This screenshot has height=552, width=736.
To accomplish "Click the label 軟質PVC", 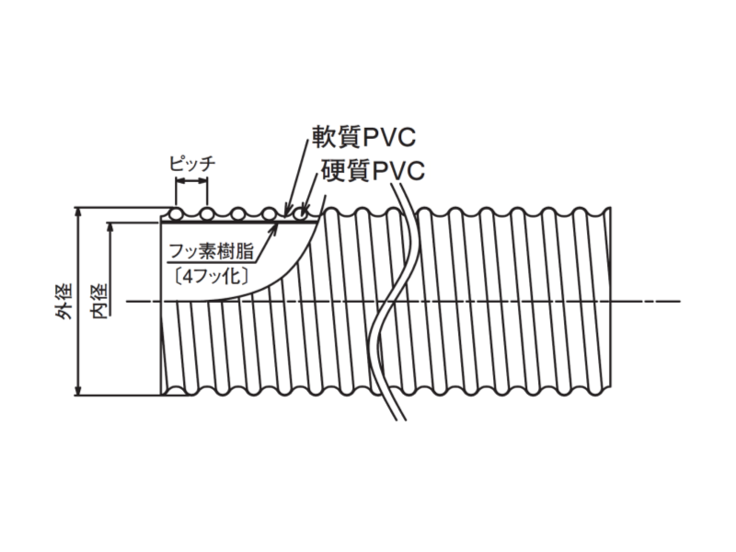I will pyautogui.click(x=362, y=139).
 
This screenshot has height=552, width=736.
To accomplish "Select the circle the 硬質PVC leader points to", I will pyautogui.click(x=301, y=214).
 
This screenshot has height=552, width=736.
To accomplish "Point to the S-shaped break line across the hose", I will pyautogui.click(x=390, y=304).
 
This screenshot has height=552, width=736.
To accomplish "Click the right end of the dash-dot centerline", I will pyautogui.click(x=679, y=301).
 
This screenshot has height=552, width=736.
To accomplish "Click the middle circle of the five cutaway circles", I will pyautogui.click(x=238, y=214).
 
